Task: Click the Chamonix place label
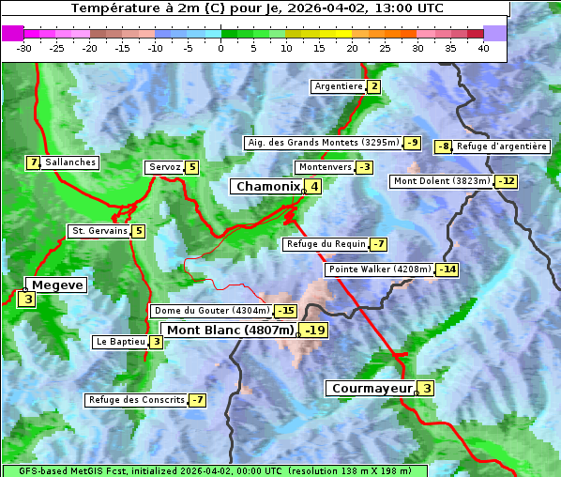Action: [x=267, y=187]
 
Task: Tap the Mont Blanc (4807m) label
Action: [x=230, y=331]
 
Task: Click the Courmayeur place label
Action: [x=372, y=389]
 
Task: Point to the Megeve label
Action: [x=57, y=285]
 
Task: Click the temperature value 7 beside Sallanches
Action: [x=34, y=162]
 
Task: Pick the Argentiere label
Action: [x=339, y=86]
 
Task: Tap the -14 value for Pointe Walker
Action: [x=447, y=269]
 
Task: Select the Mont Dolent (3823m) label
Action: [x=441, y=181]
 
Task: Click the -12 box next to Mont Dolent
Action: [x=507, y=181]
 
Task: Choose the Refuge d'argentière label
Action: [x=501, y=146]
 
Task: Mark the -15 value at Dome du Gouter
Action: [x=285, y=311]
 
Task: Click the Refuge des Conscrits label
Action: [x=136, y=400]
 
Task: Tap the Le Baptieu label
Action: [x=121, y=342]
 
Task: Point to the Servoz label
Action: [x=163, y=167]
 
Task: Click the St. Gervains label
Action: [x=99, y=231]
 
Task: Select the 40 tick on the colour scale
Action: [x=483, y=48]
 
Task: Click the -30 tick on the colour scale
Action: [x=24, y=48]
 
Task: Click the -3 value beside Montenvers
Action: [x=364, y=167]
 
